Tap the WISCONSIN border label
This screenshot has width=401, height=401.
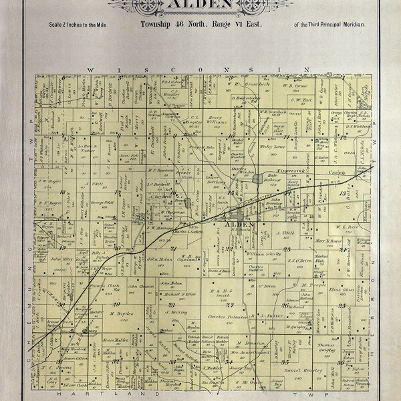(200, 70)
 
